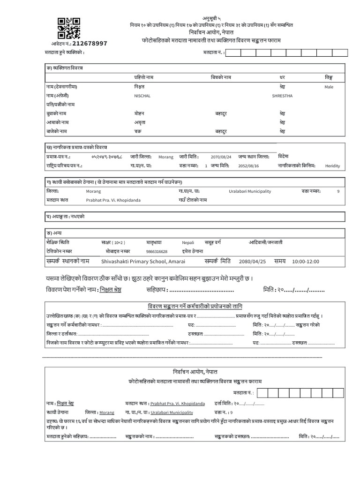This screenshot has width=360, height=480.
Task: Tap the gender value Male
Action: pos(329,87)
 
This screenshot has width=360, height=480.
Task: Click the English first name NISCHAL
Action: pos(142,96)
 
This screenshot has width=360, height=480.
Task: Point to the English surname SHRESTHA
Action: pos(282,96)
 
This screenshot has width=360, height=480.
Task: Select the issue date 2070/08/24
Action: pos(222,157)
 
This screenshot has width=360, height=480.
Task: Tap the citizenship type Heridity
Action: pos(332,165)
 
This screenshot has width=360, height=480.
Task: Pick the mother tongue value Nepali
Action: pos(187,243)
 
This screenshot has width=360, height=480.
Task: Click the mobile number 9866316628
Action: pos(157,251)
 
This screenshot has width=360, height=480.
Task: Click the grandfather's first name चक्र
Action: pos(138,131)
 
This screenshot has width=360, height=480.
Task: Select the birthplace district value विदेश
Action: pos(284,157)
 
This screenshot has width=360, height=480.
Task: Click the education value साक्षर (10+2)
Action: pos(113,243)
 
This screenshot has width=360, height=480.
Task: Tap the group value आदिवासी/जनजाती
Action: pos(265,242)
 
